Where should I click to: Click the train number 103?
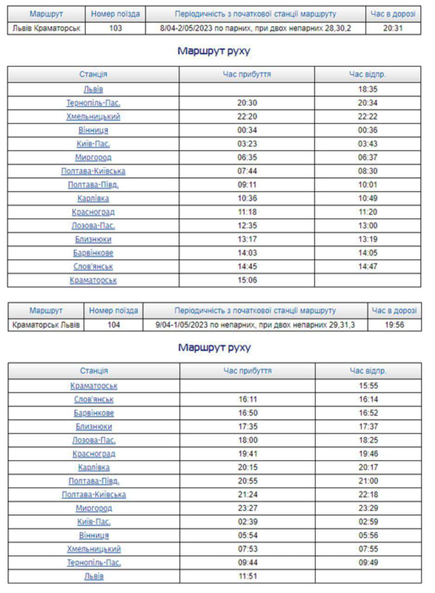point(115,28)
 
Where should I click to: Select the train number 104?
point(113,325)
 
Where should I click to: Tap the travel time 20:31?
point(393,28)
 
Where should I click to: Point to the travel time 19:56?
point(394,325)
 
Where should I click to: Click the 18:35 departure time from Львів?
point(367,89)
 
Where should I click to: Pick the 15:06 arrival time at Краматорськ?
point(247,280)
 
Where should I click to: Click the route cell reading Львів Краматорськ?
point(46,28)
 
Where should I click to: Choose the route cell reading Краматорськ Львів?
point(46,325)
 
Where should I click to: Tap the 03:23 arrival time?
point(247,144)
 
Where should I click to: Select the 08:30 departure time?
point(367,171)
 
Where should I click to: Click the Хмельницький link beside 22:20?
point(93,117)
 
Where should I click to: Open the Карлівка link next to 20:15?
point(94,467)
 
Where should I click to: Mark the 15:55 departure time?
point(368,386)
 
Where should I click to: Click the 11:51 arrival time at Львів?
point(248,577)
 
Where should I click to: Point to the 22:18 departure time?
point(368,495)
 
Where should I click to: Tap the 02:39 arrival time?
point(248,522)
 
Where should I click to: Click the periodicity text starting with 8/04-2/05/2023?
point(255,28)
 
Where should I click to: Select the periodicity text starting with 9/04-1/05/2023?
point(255,325)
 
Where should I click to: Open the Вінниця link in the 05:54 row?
point(94,536)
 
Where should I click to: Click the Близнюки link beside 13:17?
point(93,240)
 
